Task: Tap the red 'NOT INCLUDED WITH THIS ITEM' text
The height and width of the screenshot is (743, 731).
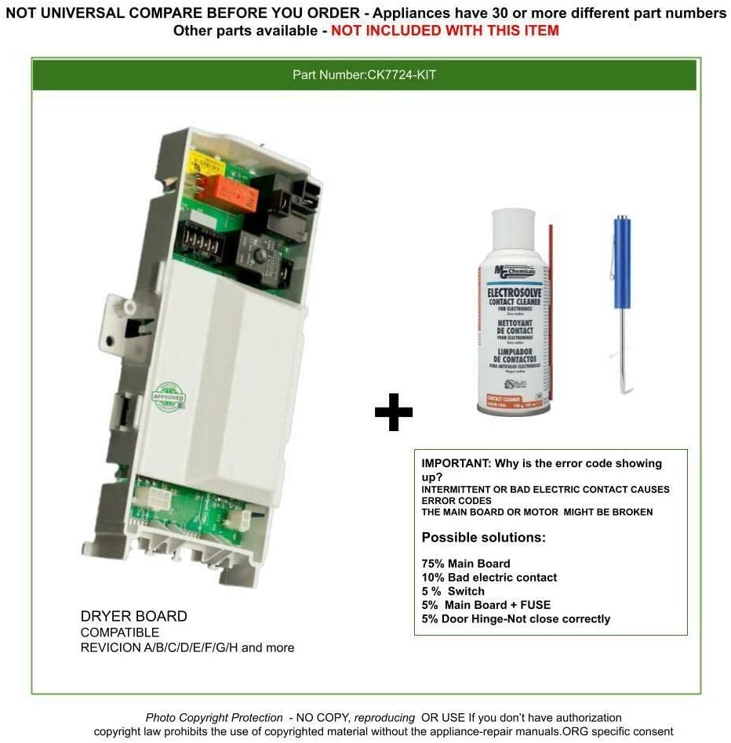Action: tap(445, 31)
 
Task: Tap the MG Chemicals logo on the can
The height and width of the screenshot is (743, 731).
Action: tap(513, 271)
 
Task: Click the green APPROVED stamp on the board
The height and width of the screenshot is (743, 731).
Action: tap(169, 397)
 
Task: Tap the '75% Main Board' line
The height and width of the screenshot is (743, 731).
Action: tap(466, 564)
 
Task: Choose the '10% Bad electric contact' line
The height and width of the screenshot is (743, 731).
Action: tap(489, 578)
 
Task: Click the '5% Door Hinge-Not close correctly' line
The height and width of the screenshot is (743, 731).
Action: tap(515, 619)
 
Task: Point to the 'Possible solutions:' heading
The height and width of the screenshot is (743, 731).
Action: tap(483, 538)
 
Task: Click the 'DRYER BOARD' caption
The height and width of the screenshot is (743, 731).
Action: tap(134, 617)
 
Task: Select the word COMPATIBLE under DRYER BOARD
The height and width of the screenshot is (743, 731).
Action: tap(120, 632)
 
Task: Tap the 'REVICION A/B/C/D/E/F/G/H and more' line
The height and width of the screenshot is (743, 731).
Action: tap(187, 648)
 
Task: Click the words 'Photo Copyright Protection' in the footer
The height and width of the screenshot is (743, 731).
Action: tap(214, 718)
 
